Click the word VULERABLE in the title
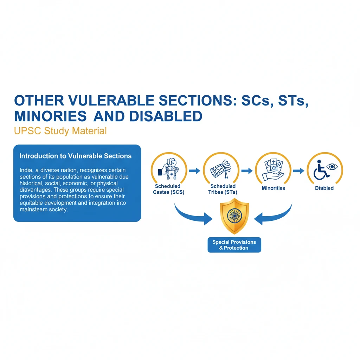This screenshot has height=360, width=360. point(111,101)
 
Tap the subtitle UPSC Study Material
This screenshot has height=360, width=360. point(60,131)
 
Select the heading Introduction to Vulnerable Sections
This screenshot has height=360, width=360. point(76,156)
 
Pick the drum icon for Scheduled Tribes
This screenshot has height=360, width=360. point(220,169)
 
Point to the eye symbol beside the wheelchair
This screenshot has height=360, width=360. point(332,166)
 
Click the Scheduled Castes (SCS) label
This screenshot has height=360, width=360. point(168,189)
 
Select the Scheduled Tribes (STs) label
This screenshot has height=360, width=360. point(223,189)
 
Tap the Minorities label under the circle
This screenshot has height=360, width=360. point(274,188)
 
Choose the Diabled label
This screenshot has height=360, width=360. point(324,188)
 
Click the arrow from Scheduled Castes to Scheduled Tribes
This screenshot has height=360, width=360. point(195,171)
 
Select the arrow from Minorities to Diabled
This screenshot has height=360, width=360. point(299,171)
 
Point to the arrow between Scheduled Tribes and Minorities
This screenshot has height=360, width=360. point(247,171)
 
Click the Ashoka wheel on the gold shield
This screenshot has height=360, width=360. point(234,216)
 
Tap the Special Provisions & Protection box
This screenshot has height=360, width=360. point(234,245)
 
